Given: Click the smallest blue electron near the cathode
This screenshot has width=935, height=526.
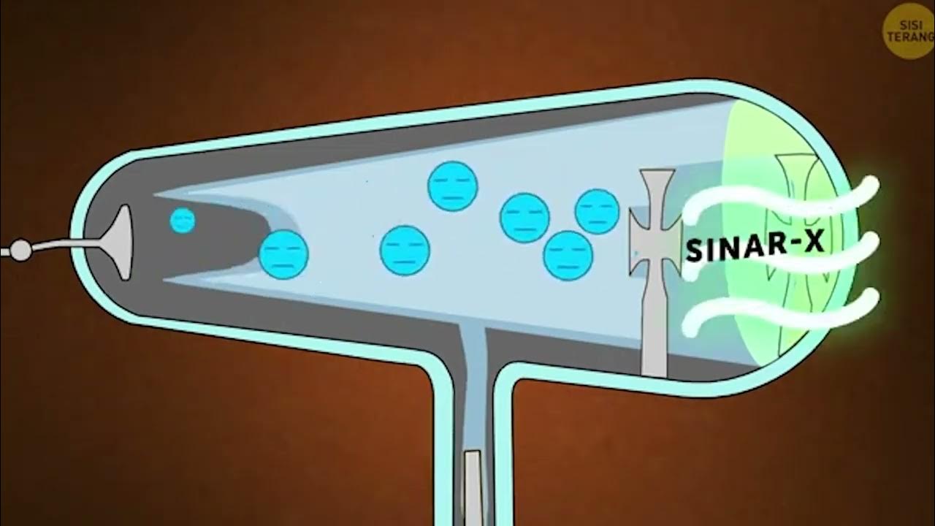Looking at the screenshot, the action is [182, 220].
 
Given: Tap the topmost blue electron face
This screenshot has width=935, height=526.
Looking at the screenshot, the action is [453, 186].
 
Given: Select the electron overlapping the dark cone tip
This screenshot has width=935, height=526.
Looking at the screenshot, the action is [284, 254].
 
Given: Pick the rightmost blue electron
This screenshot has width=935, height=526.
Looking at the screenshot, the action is [597, 211].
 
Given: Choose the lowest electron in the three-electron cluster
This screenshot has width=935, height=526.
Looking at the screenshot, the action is [568, 255].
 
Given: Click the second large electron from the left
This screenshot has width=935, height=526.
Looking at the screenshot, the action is [405, 250].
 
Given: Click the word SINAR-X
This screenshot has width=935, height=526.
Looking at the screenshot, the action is [755, 245].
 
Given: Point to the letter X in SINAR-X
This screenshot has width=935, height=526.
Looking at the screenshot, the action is [813, 241].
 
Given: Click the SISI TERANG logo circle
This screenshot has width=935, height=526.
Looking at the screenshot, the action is [908, 31].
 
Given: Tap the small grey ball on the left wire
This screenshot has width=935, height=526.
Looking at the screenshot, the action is [21, 251].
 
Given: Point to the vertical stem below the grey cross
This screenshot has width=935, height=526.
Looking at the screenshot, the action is [654, 329].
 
